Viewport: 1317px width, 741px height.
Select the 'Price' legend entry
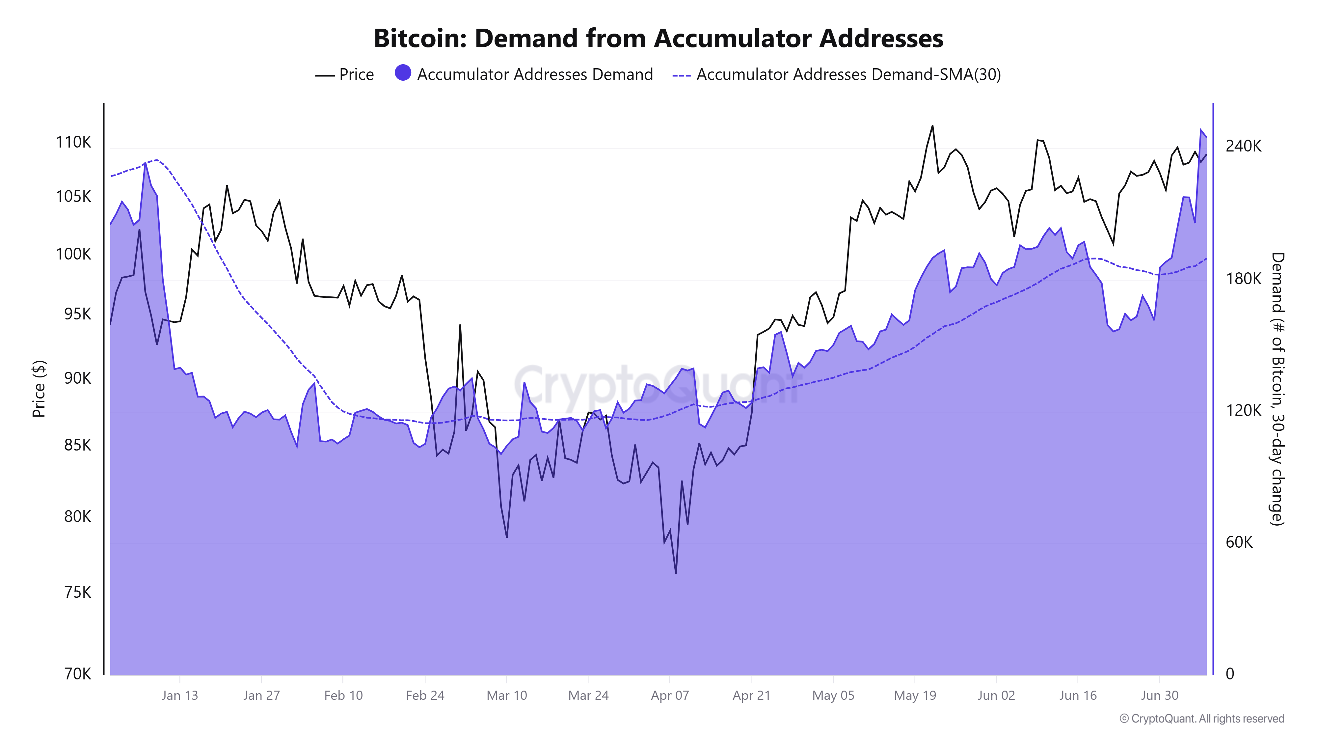[356, 75]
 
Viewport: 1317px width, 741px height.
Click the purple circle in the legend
[403, 73]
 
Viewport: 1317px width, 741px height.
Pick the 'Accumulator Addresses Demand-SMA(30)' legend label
[848, 75]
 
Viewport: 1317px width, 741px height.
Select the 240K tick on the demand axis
[1243, 146]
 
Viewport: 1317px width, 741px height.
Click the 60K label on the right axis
[1239, 542]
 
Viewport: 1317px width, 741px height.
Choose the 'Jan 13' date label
[179, 696]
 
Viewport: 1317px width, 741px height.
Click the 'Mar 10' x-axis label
[506, 696]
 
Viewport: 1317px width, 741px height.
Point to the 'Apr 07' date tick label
[670, 696]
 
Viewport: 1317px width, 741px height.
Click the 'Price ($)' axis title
[39, 389]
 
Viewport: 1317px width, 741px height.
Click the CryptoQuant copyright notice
[1201, 719]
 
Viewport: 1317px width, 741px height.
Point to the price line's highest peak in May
[932, 126]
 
